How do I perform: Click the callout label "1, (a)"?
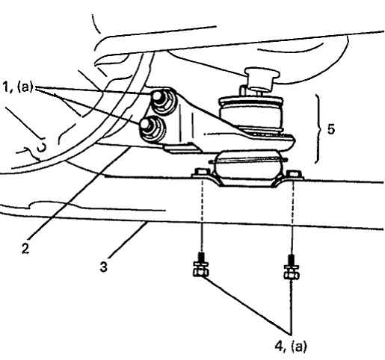(x=18, y=87)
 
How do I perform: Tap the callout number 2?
(x=25, y=248)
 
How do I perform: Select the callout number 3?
(x=103, y=267)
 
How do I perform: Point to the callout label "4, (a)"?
(x=291, y=347)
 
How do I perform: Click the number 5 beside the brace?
(x=330, y=129)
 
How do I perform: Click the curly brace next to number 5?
(x=318, y=128)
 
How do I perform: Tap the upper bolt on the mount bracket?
(x=163, y=101)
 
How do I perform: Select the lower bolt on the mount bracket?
(x=152, y=128)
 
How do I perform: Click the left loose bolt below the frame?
(x=200, y=265)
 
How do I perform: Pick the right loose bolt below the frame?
(x=292, y=267)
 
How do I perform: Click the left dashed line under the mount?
(x=202, y=215)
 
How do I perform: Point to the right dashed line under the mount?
(x=293, y=216)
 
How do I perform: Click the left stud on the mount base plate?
(x=201, y=172)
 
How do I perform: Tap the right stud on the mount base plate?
(x=294, y=173)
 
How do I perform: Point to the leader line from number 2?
(x=80, y=193)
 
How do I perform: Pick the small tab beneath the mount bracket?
(x=181, y=148)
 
